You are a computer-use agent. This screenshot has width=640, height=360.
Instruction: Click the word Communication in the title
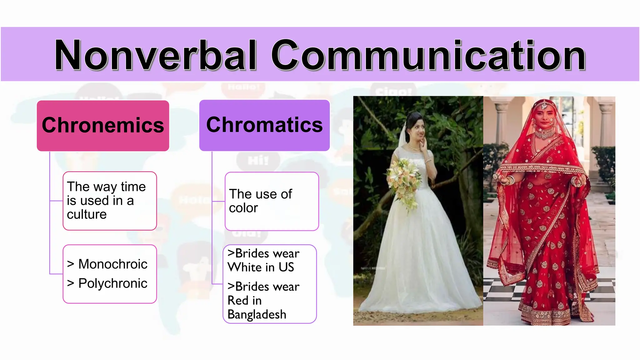tap(428, 55)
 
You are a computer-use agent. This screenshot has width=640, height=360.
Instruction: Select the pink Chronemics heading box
tap(103, 125)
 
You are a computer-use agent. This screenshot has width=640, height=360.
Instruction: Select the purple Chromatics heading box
tap(264, 125)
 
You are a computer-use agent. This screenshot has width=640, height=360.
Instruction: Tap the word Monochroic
tap(113, 264)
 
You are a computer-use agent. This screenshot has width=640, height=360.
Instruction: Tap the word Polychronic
tap(113, 283)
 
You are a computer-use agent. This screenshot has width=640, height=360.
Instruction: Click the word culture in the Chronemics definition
tap(87, 214)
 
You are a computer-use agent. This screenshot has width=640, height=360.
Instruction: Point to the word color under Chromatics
tap(243, 208)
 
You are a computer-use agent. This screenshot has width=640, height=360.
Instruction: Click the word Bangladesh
tap(257, 314)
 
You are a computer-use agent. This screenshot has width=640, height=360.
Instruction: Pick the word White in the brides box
tap(244, 267)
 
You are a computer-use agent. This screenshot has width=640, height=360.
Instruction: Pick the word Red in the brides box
tap(238, 301)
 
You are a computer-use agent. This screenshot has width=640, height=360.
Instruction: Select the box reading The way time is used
tap(109, 201)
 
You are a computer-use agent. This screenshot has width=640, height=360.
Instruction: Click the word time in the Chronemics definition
tap(133, 187)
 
